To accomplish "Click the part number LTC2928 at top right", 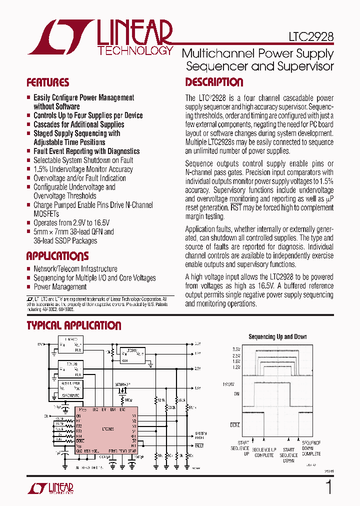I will pos(310,37).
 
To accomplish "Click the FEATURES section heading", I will pos(47,83).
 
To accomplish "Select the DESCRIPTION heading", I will pos(214,82).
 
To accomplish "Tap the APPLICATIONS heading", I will pos(57,256).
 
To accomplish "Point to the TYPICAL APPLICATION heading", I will pos(73,326).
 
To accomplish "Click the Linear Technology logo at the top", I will pos(100,37).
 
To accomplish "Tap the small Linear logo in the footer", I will pos(50,488).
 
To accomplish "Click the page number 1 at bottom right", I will pos(328,487).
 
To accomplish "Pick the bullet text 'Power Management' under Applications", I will pos(60,287).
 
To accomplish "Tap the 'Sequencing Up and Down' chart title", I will pos(277,337).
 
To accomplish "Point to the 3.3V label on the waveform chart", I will pos(236,349).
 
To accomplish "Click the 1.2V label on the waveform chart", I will pos(236,367).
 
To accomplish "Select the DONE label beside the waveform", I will pos(235,425).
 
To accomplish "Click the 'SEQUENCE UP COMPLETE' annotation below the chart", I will pos(264,452).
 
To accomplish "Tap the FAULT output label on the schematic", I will pos(199,445).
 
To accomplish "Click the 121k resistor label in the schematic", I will pos(161,400).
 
